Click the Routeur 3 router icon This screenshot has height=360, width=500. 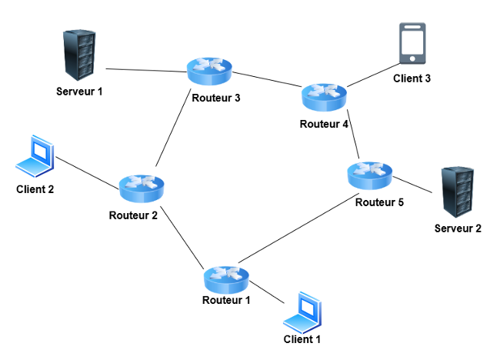(208, 72)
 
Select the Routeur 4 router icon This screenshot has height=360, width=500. (325, 96)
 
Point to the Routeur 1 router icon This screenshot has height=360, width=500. (226, 275)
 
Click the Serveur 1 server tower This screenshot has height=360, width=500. (80, 56)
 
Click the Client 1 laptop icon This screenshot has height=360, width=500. (305, 312)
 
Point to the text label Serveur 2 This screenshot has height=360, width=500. (458, 228)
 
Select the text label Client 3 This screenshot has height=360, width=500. (413, 78)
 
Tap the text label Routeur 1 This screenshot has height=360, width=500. (226, 300)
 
